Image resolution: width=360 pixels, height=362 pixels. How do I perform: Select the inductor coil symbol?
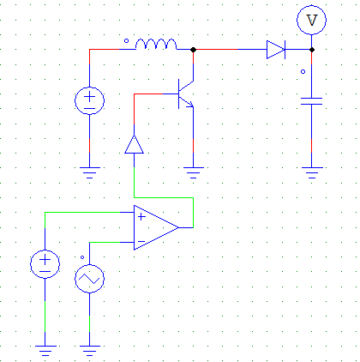[158, 45]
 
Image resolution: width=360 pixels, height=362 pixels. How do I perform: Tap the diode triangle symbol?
[275, 50]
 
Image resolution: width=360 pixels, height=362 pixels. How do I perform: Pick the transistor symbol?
[185, 94]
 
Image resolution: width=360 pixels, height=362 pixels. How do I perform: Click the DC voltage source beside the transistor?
[89, 100]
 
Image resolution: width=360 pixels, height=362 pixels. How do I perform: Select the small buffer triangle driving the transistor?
[134, 143]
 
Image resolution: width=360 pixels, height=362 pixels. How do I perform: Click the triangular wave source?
[89, 280]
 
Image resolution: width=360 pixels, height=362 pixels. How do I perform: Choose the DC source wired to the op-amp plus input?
[45, 262]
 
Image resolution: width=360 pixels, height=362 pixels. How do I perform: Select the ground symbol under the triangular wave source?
[89, 349]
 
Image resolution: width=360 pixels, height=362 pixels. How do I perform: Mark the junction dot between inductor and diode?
[194, 50]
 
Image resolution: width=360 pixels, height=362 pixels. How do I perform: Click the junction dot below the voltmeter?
[312, 50]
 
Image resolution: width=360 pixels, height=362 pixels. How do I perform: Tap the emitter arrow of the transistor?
[189, 105]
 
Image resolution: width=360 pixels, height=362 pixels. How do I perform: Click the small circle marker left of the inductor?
[128, 40]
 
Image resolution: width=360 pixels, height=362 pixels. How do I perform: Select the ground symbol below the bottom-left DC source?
[45, 349]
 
